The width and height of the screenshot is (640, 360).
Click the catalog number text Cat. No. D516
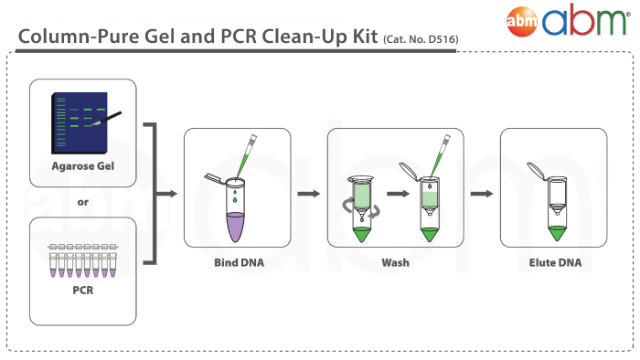tap(416, 38)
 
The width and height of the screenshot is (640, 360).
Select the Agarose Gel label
tap(83, 168)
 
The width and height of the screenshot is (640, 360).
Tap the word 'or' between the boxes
tap(83, 202)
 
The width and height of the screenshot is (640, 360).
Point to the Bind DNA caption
tap(237, 263)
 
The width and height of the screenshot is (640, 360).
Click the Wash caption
tap(395, 263)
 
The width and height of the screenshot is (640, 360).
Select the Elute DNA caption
tap(554, 263)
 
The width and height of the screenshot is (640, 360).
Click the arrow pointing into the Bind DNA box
tap(166, 194)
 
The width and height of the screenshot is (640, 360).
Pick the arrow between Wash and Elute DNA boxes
tap(481, 194)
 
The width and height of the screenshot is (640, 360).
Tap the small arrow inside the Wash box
tap(396, 194)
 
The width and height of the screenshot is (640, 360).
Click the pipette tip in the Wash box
tap(444, 151)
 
